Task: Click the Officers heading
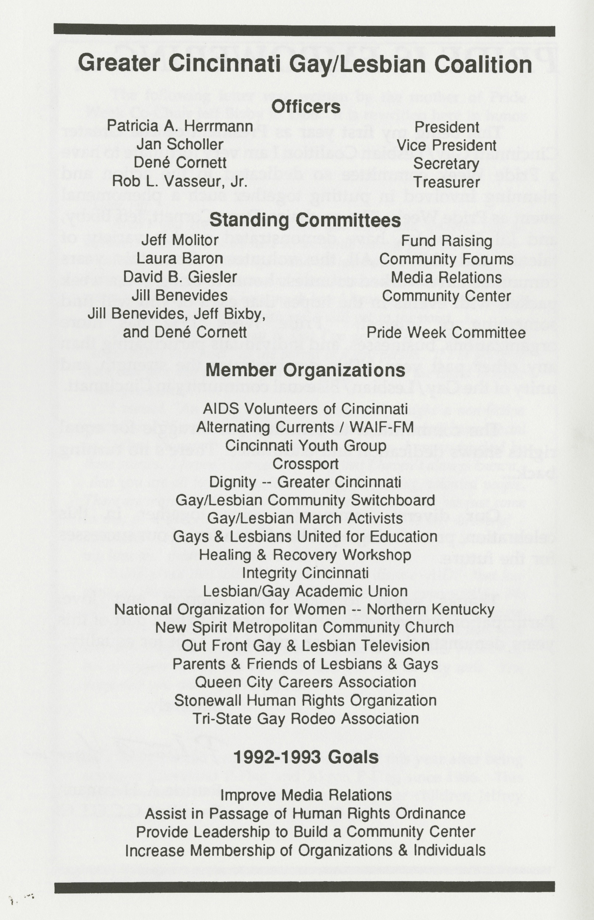click(x=306, y=107)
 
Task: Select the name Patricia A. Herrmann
click(x=180, y=126)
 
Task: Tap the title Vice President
click(x=446, y=146)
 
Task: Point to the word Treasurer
click(x=447, y=182)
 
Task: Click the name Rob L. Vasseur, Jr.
click(x=180, y=181)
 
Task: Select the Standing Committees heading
click(x=305, y=220)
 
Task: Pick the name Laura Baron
click(x=180, y=258)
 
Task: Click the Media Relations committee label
click(x=446, y=277)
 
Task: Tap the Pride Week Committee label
click(x=446, y=333)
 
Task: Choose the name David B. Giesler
click(x=180, y=277)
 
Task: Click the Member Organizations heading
click(x=305, y=370)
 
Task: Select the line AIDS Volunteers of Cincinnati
click(x=305, y=409)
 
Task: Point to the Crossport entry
click(x=305, y=464)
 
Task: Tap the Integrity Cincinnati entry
click(x=305, y=573)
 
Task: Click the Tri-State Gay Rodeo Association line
click(x=305, y=719)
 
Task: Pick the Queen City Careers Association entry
click(x=305, y=682)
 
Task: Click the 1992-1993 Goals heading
click(x=306, y=757)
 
